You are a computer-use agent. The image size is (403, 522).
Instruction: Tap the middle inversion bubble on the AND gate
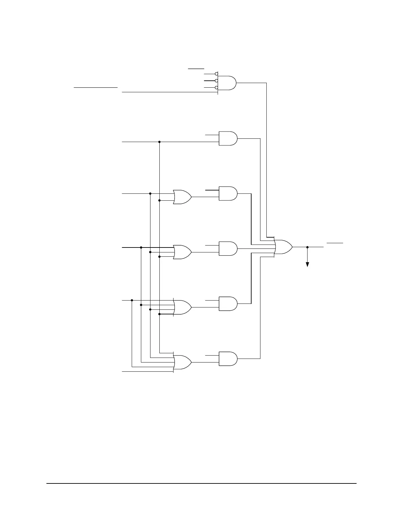tap(216, 80)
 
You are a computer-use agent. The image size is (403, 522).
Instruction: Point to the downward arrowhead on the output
tap(307, 264)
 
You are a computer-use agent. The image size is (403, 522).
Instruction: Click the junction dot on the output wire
tap(307, 247)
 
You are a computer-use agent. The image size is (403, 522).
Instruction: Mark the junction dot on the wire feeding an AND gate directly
tap(159, 142)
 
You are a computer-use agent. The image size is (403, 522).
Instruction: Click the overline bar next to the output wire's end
tap(335, 243)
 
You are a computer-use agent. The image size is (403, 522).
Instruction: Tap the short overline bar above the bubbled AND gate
tap(196, 69)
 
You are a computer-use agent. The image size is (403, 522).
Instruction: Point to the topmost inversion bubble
tap(216, 73)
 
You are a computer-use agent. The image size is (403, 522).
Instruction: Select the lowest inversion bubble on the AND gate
tap(216, 87)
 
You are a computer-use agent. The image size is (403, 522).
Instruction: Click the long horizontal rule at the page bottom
tap(201, 484)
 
